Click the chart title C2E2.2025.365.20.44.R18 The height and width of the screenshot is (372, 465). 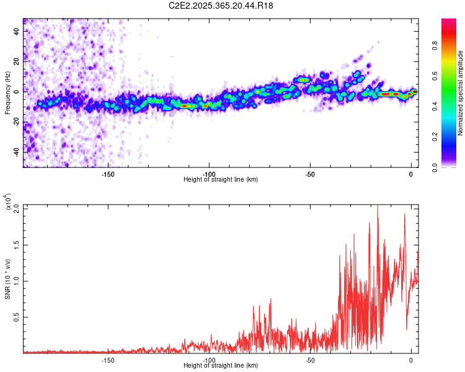click(x=221, y=6)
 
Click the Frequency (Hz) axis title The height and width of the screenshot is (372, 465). click(x=7, y=94)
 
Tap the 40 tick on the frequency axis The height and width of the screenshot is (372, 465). click(x=17, y=31)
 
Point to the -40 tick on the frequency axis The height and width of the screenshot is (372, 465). click(x=16, y=151)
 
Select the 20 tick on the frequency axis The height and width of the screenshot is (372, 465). click(x=17, y=61)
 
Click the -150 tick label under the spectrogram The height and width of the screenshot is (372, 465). click(x=107, y=174)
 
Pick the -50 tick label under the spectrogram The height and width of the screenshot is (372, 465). click(x=310, y=174)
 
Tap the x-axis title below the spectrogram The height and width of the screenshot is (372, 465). click(x=221, y=180)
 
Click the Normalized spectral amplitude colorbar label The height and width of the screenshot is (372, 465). click(x=461, y=94)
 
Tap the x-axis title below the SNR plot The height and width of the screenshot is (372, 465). click(x=221, y=366)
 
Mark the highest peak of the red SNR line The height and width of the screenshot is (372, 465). click(x=378, y=206)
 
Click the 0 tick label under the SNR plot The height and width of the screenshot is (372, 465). click(x=410, y=360)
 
